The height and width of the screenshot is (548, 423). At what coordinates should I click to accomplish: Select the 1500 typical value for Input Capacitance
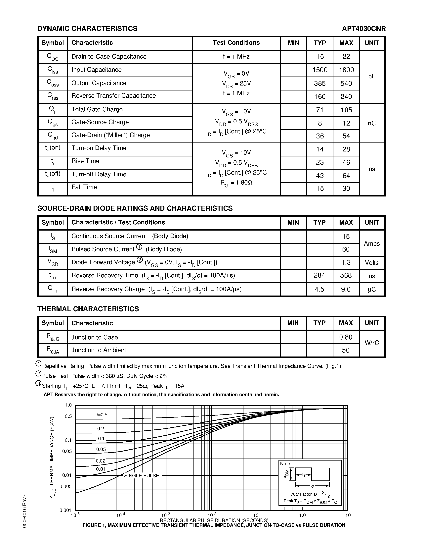coord(320,70)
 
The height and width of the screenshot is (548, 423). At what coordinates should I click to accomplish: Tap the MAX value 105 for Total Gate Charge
coord(346,110)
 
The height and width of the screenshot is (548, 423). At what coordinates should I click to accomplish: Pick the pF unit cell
coord(372,77)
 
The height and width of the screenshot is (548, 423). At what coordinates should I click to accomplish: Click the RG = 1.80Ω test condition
coord(236,183)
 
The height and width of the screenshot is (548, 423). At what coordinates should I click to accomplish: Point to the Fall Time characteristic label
coord(84,187)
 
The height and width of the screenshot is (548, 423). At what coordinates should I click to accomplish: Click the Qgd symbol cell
coord(53,136)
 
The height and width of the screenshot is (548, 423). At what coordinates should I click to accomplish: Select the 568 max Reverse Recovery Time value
coord(346,276)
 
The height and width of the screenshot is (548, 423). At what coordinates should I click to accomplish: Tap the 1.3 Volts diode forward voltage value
coord(346,262)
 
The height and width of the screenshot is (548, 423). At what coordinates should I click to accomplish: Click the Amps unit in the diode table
coord(372,243)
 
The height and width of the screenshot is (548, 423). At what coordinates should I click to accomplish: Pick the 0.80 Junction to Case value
coord(346,337)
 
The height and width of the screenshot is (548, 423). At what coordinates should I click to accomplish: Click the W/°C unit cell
coord(372,343)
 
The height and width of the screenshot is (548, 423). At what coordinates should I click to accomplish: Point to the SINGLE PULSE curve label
coord(142,475)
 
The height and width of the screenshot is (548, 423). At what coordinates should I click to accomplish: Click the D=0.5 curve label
coord(101,414)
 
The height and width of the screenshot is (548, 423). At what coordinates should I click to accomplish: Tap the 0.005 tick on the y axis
coord(66,486)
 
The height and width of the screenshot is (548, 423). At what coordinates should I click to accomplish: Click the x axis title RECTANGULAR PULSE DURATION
coord(214,520)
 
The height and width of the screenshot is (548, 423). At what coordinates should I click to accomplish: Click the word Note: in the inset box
coord(286,464)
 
